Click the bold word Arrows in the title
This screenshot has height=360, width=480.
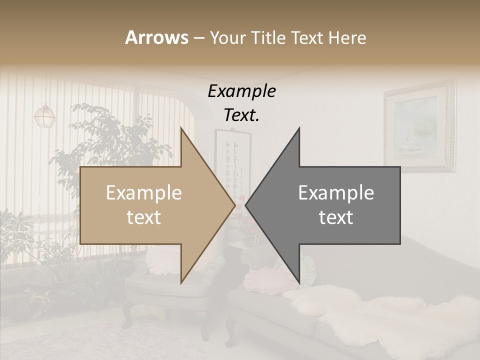tap(156, 37)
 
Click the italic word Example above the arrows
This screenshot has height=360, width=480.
tap(241, 91)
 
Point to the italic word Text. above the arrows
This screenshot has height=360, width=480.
tap(241, 115)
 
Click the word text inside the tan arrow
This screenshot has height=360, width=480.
tap(143, 217)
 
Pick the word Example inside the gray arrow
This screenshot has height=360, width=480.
tap(336, 193)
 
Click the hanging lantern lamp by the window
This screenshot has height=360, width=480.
tap(44, 115)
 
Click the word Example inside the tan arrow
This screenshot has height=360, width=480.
tap(143, 193)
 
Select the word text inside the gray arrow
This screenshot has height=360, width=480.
tap(336, 217)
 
